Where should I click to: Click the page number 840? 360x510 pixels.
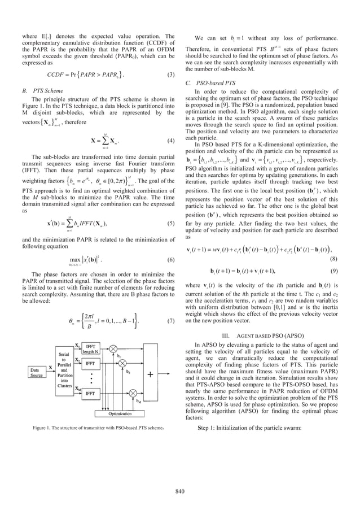[x=179, y=491]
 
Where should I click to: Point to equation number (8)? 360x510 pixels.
[x=335, y=258]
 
